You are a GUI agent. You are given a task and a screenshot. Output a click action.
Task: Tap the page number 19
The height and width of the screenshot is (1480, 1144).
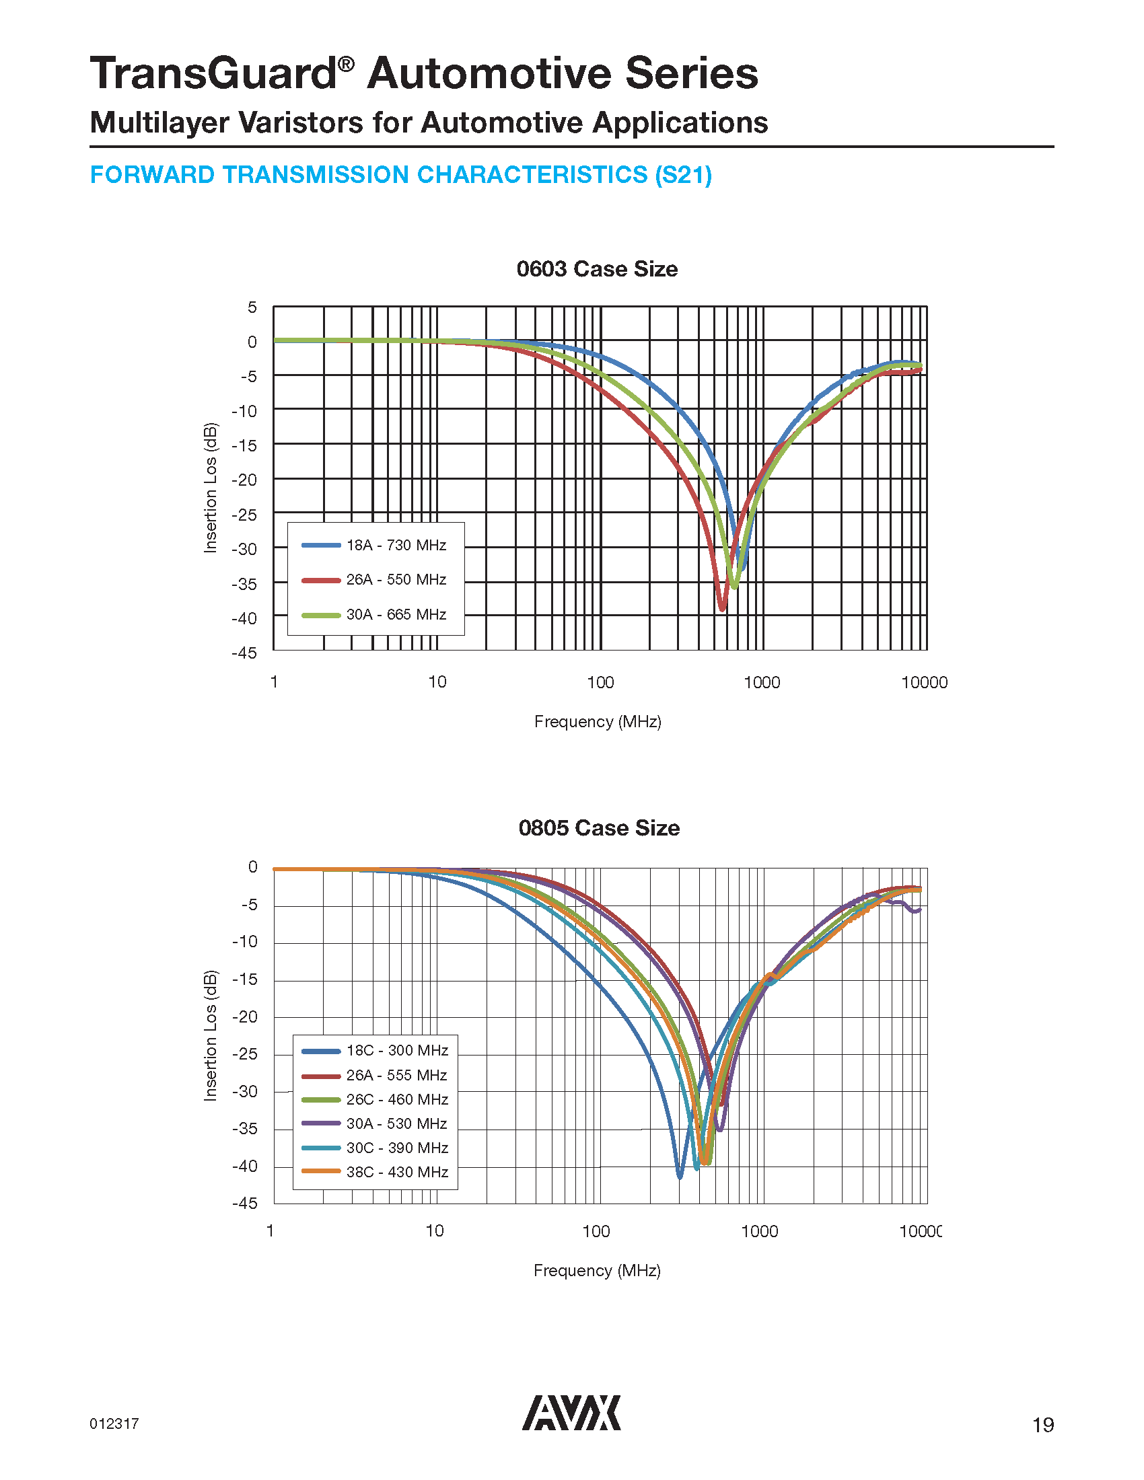tap(1042, 1425)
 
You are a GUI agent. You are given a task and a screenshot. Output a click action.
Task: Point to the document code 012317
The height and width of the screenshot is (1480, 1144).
tap(114, 1423)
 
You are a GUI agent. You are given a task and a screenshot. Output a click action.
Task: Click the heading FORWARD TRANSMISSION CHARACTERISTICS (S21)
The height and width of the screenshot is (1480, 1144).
tap(400, 175)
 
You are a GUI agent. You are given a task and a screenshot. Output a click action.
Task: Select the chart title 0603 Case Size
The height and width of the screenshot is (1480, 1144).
tap(596, 269)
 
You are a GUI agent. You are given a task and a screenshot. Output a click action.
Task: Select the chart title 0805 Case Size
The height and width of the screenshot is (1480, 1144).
tap(598, 828)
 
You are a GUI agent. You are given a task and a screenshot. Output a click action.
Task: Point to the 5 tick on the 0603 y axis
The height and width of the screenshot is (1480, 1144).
tap(252, 307)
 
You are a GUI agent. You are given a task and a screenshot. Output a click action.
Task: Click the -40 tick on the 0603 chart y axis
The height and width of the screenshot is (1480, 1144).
tap(245, 618)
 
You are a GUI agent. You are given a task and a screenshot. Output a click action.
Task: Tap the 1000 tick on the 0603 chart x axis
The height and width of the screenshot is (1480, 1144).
tap(762, 682)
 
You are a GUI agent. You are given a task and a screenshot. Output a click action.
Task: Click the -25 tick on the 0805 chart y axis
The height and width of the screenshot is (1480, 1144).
tap(245, 1053)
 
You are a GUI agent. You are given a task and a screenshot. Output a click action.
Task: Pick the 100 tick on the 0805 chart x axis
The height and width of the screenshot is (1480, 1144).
tap(596, 1231)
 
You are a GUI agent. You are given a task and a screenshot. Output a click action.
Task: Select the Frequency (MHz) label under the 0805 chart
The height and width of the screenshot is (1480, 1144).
tap(596, 1270)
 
